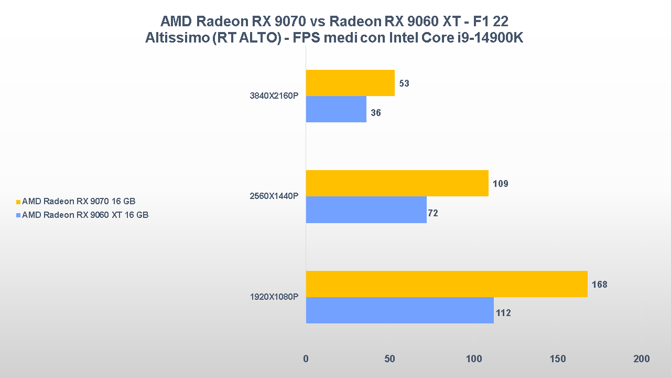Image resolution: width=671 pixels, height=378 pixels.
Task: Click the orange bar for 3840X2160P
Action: pyautogui.click(x=350, y=83)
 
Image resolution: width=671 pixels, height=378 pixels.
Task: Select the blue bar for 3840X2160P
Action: pyautogui.click(x=336, y=109)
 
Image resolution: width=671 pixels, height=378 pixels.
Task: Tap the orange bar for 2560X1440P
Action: pyautogui.click(x=397, y=183)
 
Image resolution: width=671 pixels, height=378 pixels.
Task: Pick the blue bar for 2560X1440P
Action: pyautogui.click(x=366, y=209)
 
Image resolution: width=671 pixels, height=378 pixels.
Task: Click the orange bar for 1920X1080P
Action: pyautogui.click(x=447, y=284)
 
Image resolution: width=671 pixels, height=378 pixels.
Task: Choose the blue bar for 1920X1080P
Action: pyautogui.click(x=399, y=310)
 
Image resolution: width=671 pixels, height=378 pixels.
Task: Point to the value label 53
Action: pyautogui.click(x=404, y=83)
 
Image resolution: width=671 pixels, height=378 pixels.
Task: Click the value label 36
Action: pyautogui.click(x=375, y=113)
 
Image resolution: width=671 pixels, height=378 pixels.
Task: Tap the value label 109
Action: pyautogui.click(x=500, y=184)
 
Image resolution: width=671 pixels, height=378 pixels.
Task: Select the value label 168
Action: pyautogui.click(x=599, y=285)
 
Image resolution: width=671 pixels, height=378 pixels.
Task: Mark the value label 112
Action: pyautogui.click(x=503, y=313)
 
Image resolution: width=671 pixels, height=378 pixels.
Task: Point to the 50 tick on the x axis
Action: pyautogui.click(x=389, y=359)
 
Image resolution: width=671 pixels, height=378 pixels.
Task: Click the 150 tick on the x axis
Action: pyautogui.click(x=558, y=359)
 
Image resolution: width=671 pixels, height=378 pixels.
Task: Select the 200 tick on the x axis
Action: pyautogui.click(x=641, y=359)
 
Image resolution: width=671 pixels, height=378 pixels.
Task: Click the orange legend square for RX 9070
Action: pyautogui.click(x=18, y=202)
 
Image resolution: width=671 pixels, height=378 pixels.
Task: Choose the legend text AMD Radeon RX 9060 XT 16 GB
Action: pyautogui.click(x=85, y=215)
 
